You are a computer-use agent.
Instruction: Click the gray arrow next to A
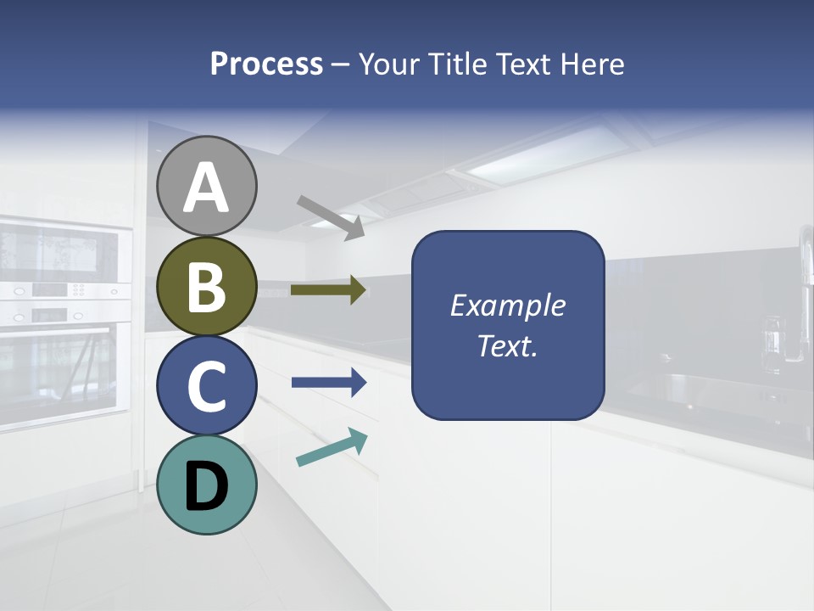[331, 217]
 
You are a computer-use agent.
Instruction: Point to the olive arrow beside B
[328, 290]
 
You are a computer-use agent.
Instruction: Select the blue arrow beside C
[329, 383]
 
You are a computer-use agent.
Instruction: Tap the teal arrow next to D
[332, 447]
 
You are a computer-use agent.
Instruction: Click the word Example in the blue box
[507, 305]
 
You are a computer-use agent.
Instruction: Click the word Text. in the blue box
[507, 346]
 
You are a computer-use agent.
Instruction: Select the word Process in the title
[266, 64]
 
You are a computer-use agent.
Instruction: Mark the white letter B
[207, 287]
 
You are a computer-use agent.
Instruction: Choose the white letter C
[207, 386]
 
